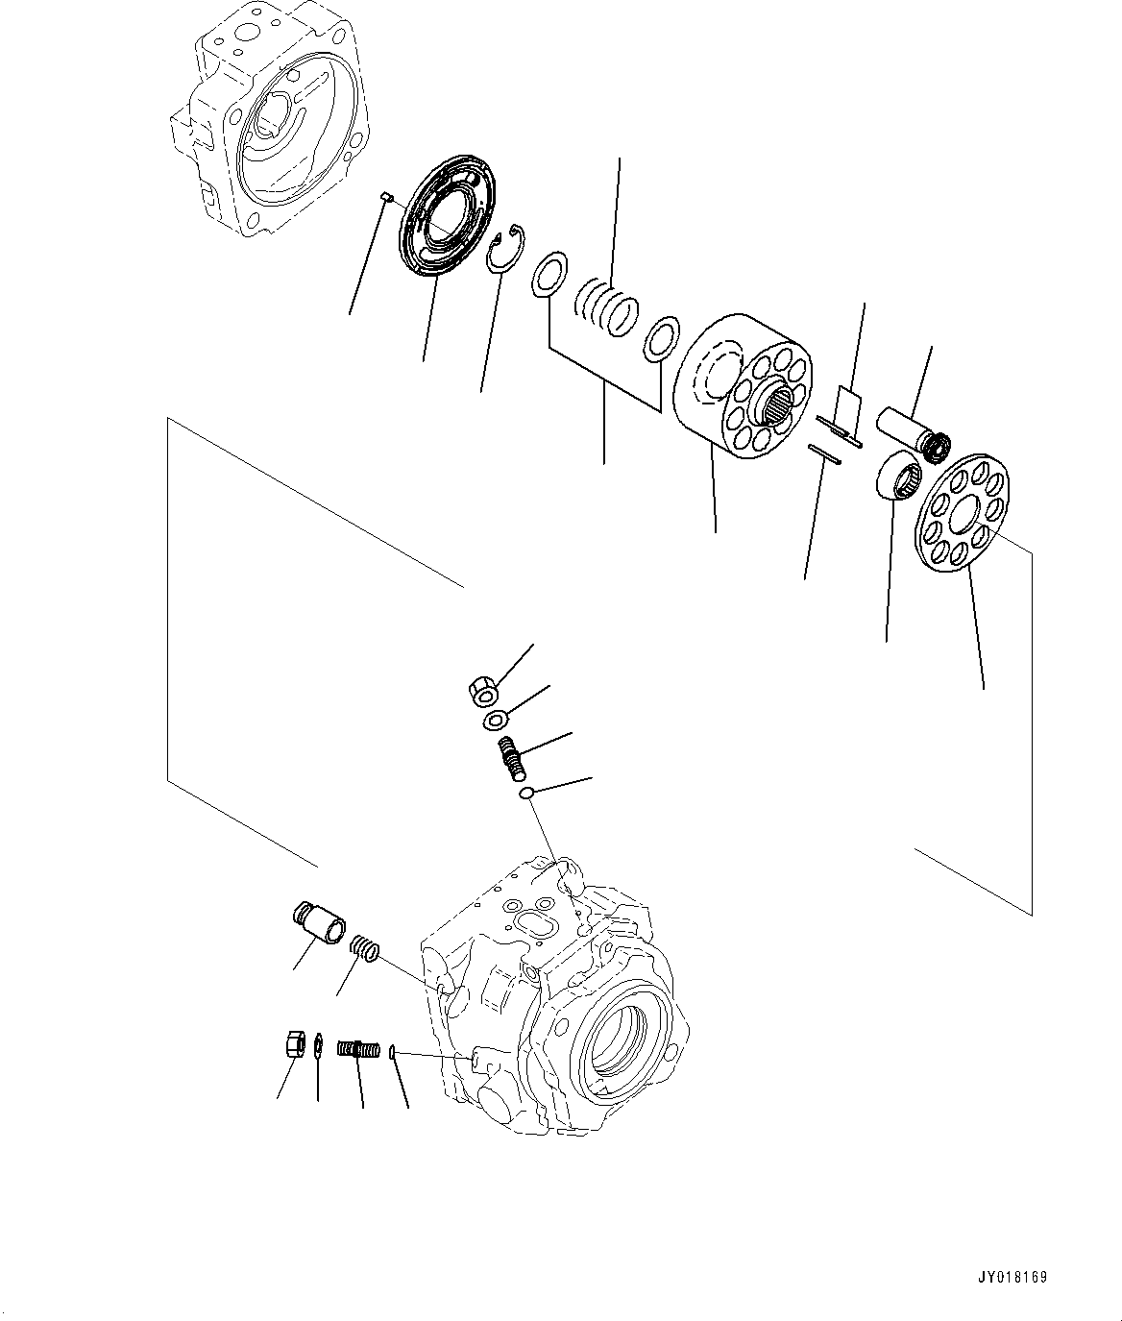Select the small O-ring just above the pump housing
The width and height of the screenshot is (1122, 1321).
(x=525, y=793)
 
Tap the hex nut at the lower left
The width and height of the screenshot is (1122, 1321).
(x=297, y=1043)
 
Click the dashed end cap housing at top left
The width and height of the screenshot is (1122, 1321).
(x=269, y=120)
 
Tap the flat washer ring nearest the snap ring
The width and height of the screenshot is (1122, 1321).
(x=549, y=276)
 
